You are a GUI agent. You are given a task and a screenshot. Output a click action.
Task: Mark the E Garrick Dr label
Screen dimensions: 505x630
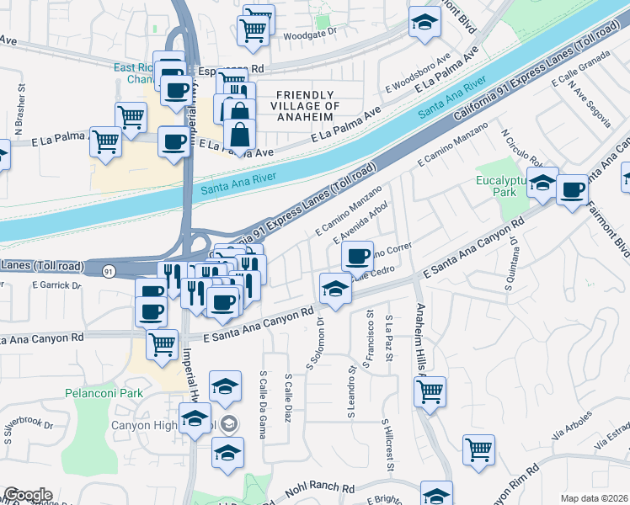56,285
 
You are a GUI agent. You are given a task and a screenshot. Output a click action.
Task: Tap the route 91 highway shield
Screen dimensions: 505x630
109,271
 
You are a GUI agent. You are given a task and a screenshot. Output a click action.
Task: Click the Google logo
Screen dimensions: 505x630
28,495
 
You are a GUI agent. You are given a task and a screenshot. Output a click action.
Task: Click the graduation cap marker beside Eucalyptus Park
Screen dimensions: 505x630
543,182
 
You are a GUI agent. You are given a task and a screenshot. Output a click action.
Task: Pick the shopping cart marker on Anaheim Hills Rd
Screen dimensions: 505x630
430,391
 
